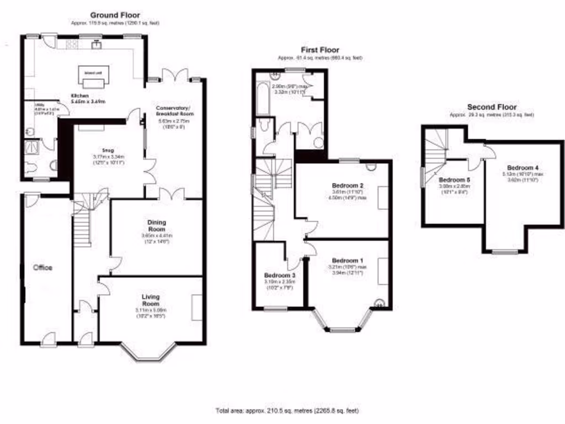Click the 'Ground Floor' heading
pyautogui.click(x=115, y=15)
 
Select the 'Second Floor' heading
pyautogui.click(x=492, y=107)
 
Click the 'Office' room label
pyautogui.click(x=43, y=268)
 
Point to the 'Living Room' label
pyautogui.click(x=151, y=300)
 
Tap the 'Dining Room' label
pyautogui.click(x=156, y=226)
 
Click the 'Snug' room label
pyautogui.click(x=107, y=149)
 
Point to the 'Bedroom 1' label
pyautogui.click(x=348, y=260)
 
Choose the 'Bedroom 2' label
pyautogui.click(x=347, y=184)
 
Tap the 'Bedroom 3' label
pyautogui.click(x=279, y=275)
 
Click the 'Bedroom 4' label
pyautogui.click(x=523, y=167)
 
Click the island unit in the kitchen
pyautogui.click(x=93, y=79)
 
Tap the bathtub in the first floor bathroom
pyautogui.click(x=263, y=99)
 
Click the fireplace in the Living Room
pyautogui.click(x=197, y=308)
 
